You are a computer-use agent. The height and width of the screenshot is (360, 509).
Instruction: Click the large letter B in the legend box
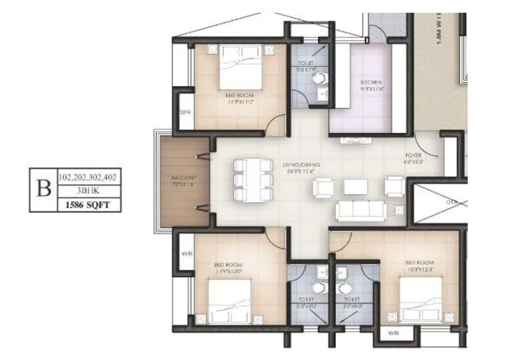click(44, 190)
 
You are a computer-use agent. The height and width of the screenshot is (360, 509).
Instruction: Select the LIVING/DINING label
click(302, 165)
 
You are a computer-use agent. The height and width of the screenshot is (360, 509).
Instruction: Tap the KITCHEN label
click(371, 83)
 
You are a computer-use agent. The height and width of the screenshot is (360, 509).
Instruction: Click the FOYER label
click(414, 156)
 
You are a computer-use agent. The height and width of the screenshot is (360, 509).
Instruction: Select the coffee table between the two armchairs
click(356, 187)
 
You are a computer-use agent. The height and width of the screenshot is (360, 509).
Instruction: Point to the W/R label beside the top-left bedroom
click(185, 113)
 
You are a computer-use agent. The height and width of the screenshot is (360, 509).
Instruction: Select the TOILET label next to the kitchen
click(305, 64)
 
